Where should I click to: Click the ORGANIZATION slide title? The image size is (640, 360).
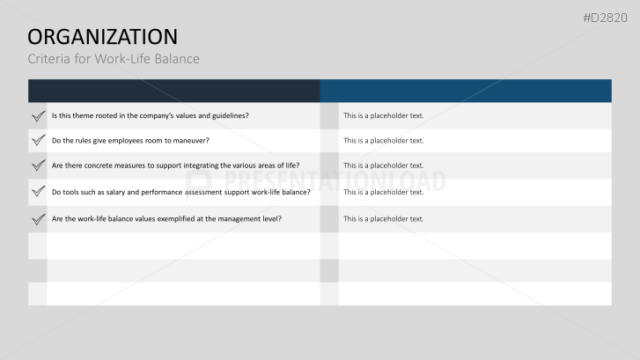102,36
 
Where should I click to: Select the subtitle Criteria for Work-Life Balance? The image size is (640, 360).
114,59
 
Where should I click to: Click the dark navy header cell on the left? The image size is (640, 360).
173,91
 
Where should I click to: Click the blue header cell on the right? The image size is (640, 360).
465,91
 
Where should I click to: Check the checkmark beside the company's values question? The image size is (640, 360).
38,115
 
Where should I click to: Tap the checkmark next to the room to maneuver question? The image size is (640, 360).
38,140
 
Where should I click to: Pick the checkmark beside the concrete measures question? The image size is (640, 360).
38,165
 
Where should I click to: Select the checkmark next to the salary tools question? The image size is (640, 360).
38,191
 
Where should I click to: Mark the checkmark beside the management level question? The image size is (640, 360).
38,218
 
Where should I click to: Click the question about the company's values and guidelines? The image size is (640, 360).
150,115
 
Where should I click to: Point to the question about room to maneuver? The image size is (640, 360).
130,140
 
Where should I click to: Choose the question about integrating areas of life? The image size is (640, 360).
175,165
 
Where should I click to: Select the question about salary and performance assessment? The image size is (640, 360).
180,192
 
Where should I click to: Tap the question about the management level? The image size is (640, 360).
166,218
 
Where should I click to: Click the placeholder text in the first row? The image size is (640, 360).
383,115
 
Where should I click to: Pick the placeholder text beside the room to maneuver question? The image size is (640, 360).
383,140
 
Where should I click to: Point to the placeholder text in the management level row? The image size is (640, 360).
383,218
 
